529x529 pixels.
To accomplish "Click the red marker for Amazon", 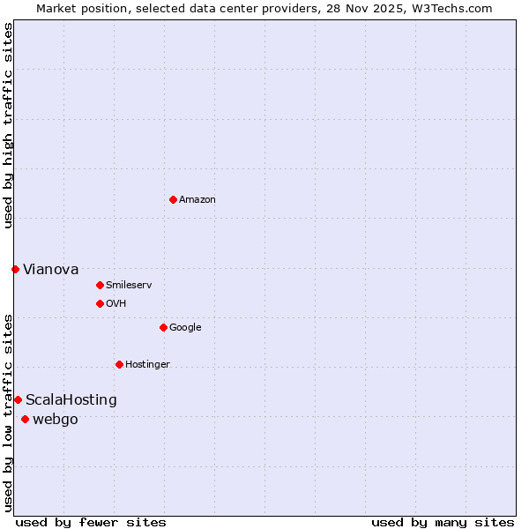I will [173, 199].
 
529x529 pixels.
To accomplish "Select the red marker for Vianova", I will [15, 269].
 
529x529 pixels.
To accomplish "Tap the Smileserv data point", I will [100, 285].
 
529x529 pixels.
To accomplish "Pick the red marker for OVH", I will [100, 303].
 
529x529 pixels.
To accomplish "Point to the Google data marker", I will [163, 327].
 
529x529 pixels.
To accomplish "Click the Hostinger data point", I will [119, 364].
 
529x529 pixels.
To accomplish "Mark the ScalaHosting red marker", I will [18, 399].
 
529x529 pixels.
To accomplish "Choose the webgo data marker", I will [25, 419].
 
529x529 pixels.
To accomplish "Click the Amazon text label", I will [197, 200].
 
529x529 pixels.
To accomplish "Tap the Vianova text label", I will [50, 269].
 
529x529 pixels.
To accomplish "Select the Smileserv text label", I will [129, 286].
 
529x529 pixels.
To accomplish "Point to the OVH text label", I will [116, 304].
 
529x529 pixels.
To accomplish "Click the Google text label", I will [185, 328].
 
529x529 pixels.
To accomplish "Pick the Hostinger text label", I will [147, 365].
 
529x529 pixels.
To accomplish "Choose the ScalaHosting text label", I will [71, 400].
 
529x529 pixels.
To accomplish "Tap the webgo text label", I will [55, 420].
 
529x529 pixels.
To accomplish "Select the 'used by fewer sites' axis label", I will [91, 522].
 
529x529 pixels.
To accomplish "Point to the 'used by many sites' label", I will [443, 522].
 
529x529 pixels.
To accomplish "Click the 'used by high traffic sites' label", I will [8, 125].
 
